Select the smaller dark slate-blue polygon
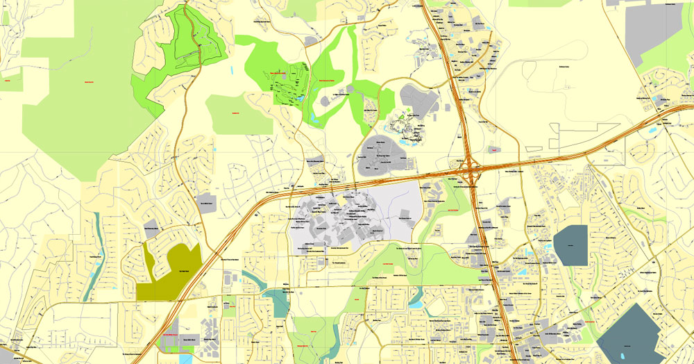pyautogui.click(x=570, y=245)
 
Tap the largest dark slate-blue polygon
pyautogui.click(x=632, y=333)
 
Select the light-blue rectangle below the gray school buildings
pyautogui.click(x=185, y=358)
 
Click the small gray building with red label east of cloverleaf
pyautogui.click(x=494, y=149)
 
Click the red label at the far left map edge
pyautogui.click(x=8, y=81)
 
